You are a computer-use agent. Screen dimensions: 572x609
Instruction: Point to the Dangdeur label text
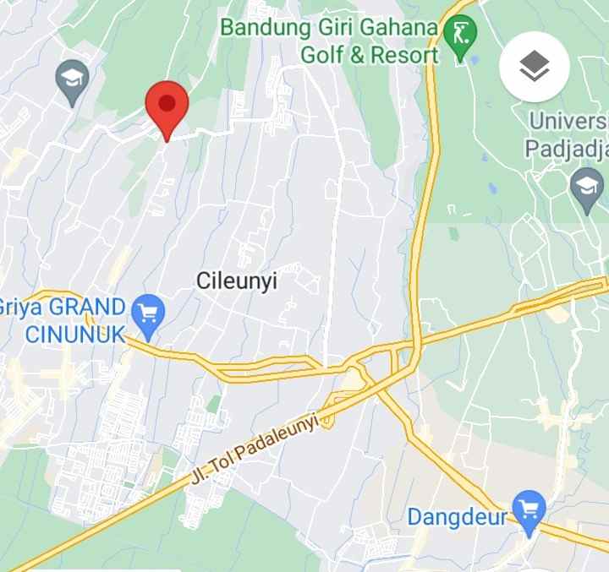click(457, 516)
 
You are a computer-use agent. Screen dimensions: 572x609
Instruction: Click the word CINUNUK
click(74, 333)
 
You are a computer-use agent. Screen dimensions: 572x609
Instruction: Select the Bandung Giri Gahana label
click(329, 28)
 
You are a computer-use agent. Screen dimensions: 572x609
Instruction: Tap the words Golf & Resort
click(370, 56)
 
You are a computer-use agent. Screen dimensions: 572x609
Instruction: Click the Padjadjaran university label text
click(567, 150)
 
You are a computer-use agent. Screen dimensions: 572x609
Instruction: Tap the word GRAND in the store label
click(84, 307)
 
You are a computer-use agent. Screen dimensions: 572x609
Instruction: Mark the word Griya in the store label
click(18, 307)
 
